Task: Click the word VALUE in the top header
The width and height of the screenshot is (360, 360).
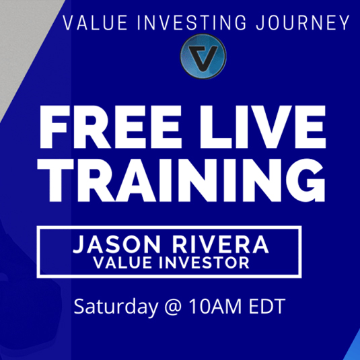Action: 95,23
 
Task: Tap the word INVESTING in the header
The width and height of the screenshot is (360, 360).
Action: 192,23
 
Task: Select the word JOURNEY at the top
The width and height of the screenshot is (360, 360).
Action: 303,23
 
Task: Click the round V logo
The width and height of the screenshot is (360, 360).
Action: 203,57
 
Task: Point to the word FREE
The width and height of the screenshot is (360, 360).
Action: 111,127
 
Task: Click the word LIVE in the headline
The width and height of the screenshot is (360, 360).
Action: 262,127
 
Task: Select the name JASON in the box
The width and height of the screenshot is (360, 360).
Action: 116,244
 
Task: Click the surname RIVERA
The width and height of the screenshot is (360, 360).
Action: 221,244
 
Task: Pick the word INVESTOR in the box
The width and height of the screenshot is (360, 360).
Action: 204,262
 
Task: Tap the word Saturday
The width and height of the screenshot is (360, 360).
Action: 116,307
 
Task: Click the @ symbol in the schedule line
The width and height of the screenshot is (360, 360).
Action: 173,308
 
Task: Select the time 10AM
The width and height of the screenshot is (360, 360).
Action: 215,307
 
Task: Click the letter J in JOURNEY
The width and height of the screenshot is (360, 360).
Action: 261,23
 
